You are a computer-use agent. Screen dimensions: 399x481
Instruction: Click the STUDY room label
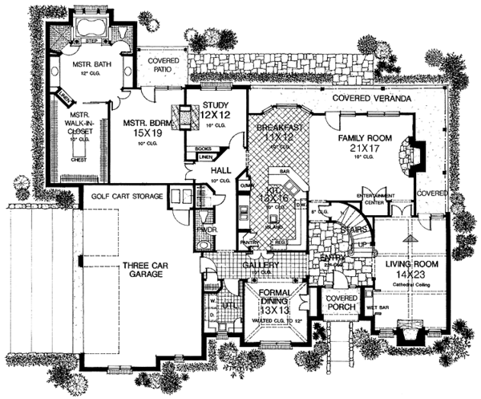216,104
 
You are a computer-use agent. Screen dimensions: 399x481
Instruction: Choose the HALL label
221,171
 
